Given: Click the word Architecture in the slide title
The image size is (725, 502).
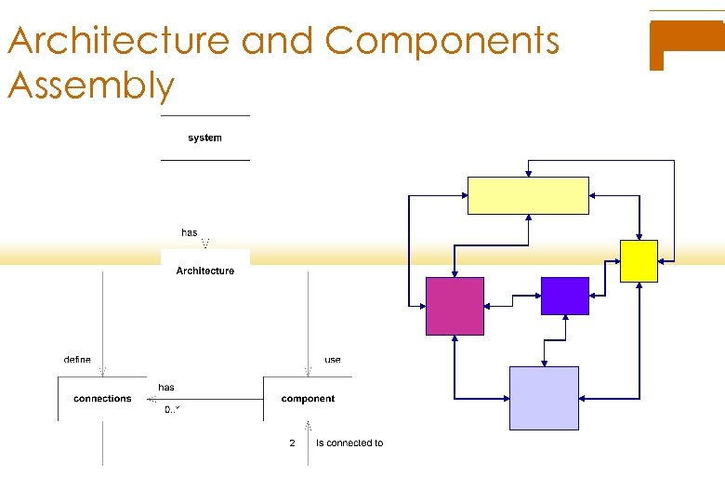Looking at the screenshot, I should pyautogui.click(x=118, y=41).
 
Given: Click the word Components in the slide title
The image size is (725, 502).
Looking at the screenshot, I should pyautogui.click(x=442, y=41).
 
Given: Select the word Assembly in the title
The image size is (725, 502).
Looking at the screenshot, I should pyautogui.click(x=91, y=86).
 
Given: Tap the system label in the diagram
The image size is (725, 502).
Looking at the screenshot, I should pyautogui.click(x=204, y=138).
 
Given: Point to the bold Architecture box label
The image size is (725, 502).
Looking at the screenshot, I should pyautogui.click(x=205, y=271).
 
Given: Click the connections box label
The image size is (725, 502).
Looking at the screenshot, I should pyautogui.click(x=102, y=399).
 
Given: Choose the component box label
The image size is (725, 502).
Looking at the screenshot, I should pyautogui.click(x=308, y=399).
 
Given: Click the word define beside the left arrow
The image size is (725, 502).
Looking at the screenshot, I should pyautogui.click(x=77, y=360).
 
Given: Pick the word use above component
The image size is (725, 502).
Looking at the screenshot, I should pyautogui.click(x=333, y=360).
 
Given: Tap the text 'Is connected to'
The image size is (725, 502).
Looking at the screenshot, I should pyautogui.click(x=349, y=443).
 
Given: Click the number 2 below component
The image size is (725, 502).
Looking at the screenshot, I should pyautogui.click(x=292, y=443).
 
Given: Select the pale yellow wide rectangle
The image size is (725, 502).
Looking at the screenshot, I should pyautogui.click(x=528, y=195).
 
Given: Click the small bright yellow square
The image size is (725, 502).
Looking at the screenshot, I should pyautogui.click(x=639, y=260).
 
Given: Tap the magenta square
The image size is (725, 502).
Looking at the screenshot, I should pyautogui.click(x=455, y=306).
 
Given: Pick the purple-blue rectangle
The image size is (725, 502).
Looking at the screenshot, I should pyautogui.click(x=564, y=296).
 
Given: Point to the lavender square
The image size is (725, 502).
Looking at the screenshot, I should pyautogui.click(x=544, y=398).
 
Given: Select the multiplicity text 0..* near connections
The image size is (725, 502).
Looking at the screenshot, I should pyautogui.click(x=172, y=410).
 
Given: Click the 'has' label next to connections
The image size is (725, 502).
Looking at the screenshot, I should pyautogui.click(x=166, y=388).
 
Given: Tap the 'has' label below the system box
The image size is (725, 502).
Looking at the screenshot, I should pyautogui.click(x=190, y=232).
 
